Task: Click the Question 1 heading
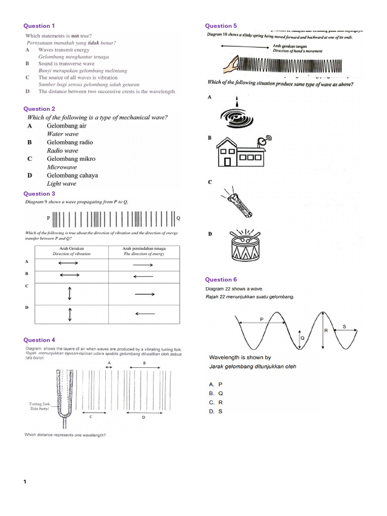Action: coord(40,26)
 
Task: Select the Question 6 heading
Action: coord(221,280)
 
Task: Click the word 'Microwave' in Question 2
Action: coord(62,167)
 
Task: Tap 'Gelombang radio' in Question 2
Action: coord(70,142)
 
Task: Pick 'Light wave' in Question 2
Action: coord(61,184)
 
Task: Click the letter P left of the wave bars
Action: coord(48,218)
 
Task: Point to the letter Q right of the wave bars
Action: coord(178,218)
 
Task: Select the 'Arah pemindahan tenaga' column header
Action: coord(144,248)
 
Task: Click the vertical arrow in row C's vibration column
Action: coord(70,293)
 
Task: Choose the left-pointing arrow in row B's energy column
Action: coord(143,276)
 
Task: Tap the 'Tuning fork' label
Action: coord(39,404)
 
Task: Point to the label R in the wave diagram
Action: coord(326,331)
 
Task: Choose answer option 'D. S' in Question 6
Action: coord(216,411)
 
